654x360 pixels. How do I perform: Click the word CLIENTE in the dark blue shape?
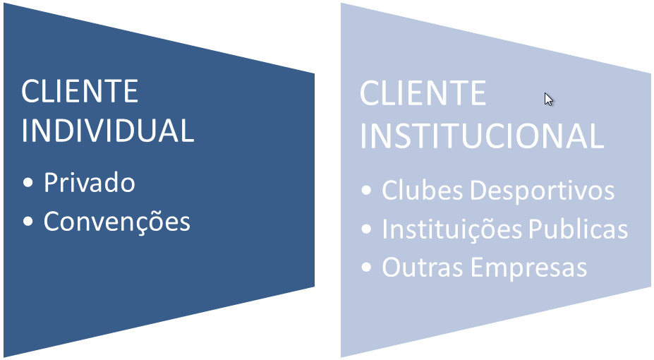(x=80, y=92)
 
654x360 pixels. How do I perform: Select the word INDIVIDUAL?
(x=107, y=131)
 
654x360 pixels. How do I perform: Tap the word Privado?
(x=89, y=183)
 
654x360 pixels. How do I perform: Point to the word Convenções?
(x=117, y=222)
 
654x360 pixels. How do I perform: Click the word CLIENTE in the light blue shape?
(x=423, y=94)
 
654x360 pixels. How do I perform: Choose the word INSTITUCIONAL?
(x=482, y=136)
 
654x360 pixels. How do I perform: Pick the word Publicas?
(x=576, y=229)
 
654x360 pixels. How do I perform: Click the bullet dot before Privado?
(x=28, y=184)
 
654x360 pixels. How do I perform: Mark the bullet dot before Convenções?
(x=28, y=222)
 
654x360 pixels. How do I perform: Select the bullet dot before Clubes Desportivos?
(x=365, y=191)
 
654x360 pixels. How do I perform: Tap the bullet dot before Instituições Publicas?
(x=365, y=230)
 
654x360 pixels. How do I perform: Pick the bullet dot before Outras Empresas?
(x=365, y=268)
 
